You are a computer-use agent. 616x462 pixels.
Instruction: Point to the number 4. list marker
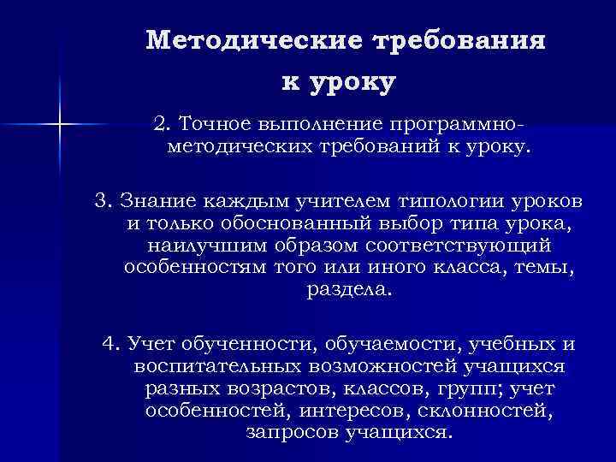click(110, 344)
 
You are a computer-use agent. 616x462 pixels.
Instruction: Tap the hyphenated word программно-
click(457, 125)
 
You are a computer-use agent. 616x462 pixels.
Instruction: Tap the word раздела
click(346, 289)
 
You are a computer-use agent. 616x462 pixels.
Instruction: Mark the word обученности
click(224, 344)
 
